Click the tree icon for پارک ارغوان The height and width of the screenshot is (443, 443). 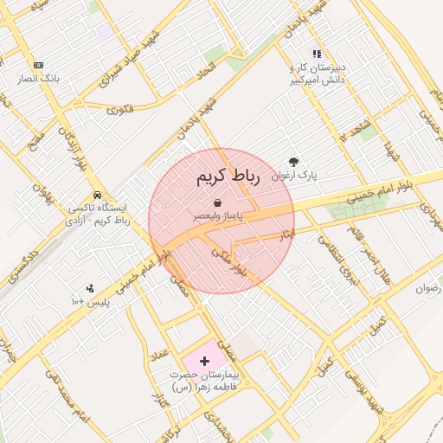[x=294, y=162]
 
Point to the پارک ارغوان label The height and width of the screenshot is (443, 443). [x=294, y=175]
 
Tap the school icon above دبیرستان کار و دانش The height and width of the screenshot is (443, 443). [x=317, y=54]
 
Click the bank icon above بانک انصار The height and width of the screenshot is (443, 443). [x=38, y=65]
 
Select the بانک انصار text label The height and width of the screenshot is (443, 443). [x=39, y=78]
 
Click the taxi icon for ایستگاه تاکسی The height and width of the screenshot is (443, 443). [x=98, y=196]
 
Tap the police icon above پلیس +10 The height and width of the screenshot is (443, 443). [x=90, y=288]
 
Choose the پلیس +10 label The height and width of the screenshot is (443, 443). [x=89, y=301]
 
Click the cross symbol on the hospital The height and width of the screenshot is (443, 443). [x=204, y=360]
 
